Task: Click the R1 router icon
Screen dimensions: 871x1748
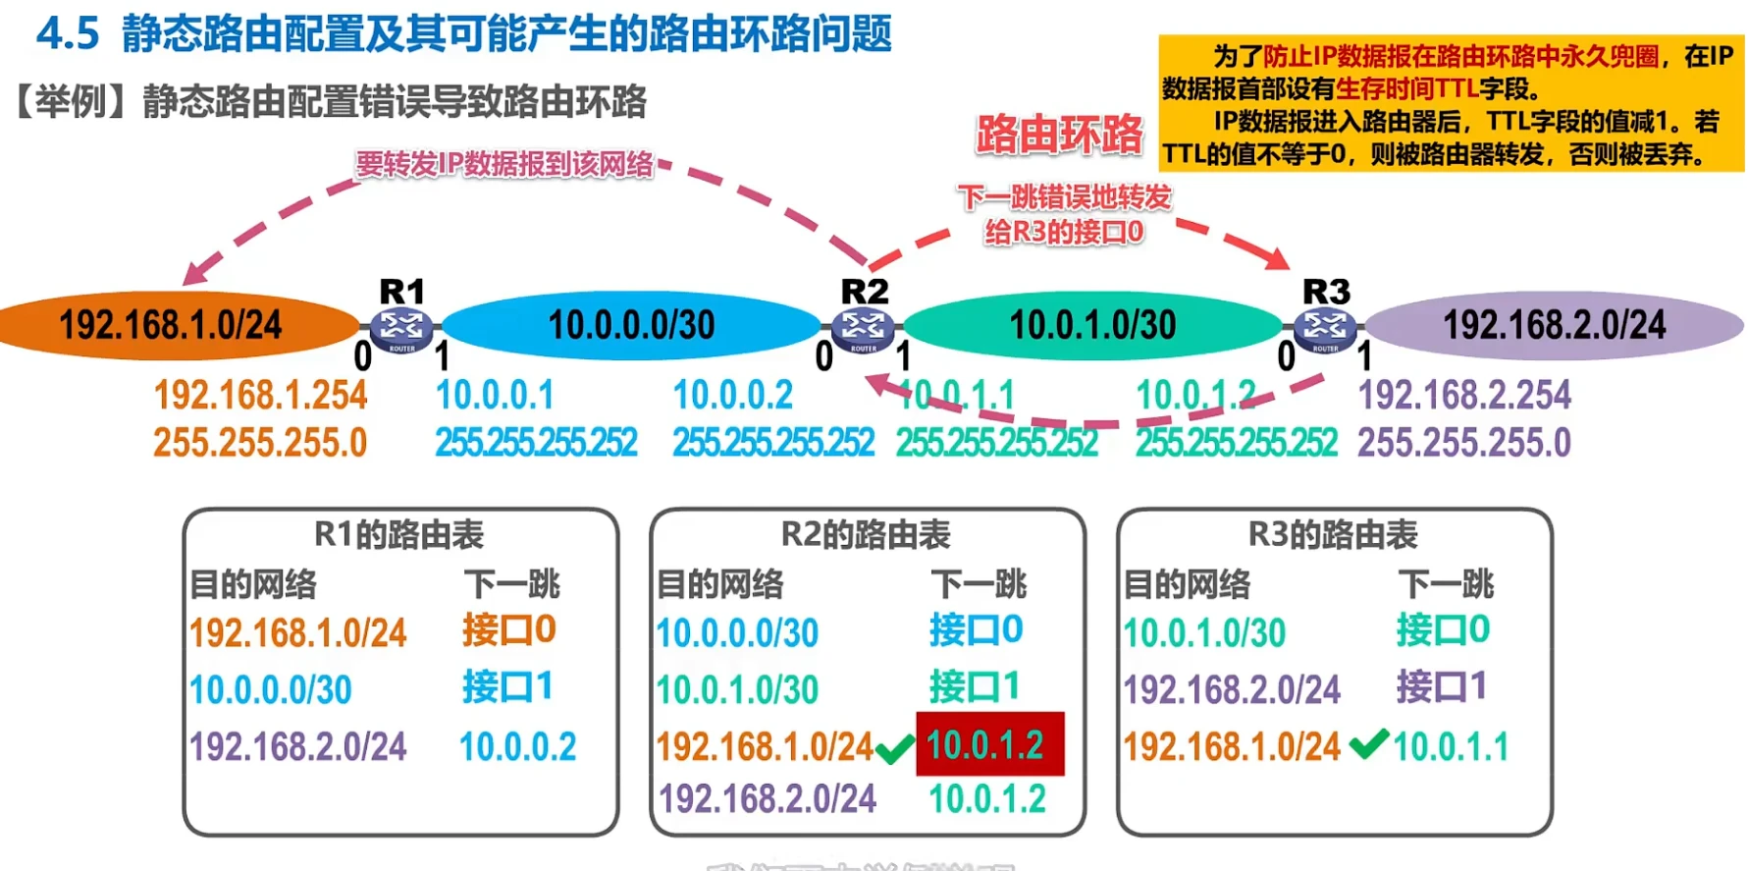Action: click(x=401, y=328)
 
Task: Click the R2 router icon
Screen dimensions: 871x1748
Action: click(x=863, y=328)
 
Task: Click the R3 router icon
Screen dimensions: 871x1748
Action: click(x=1325, y=328)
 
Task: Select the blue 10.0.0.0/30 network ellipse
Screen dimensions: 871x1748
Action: click(x=631, y=325)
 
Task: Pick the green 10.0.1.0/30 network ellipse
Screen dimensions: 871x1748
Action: click(x=1092, y=325)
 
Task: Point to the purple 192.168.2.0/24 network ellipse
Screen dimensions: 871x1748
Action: click(x=1554, y=325)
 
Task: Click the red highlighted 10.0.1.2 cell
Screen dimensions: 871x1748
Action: click(x=989, y=744)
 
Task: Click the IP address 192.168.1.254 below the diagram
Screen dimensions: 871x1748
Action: click(x=260, y=395)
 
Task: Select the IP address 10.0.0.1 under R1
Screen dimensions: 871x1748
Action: click(x=495, y=395)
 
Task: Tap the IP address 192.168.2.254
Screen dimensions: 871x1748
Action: click(x=1464, y=395)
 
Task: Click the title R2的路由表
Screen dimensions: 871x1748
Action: click(x=866, y=534)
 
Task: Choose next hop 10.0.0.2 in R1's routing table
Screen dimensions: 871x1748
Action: click(x=517, y=746)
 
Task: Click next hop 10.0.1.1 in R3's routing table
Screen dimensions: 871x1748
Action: click(x=1451, y=746)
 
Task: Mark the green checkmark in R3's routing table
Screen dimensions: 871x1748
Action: click(x=1368, y=743)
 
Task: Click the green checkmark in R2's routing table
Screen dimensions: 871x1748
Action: click(x=894, y=750)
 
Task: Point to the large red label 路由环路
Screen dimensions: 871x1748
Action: click(x=1059, y=135)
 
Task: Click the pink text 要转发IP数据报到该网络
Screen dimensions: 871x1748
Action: click(x=504, y=164)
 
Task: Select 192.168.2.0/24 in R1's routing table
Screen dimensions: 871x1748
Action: click(x=297, y=746)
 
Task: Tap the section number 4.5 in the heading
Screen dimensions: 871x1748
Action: click(x=68, y=33)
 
